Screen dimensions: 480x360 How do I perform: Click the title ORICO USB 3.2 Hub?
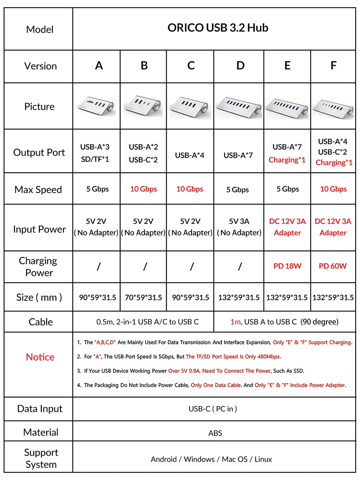point(217,28)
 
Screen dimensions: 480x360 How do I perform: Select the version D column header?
point(240,66)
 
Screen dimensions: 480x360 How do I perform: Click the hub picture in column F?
point(333,107)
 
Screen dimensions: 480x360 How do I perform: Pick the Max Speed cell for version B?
point(143,189)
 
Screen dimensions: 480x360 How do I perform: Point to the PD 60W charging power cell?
point(333,266)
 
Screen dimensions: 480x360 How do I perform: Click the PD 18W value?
point(287,266)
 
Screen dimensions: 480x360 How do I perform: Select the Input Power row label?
point(39,229)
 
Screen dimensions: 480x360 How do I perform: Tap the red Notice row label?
point(40,357)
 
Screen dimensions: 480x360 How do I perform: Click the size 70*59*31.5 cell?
point(143,297)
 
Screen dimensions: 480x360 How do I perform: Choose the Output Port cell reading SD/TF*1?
point(95,159)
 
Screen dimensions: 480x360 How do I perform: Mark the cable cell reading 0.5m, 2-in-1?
point(147,322)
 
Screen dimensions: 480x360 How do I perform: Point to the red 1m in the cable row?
point(235,322)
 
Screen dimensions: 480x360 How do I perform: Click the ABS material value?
point(215,433)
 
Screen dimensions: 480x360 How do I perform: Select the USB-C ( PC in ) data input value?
point(213,409)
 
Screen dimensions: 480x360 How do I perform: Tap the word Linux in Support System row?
point(263,459)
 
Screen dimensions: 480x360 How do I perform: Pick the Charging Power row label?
point(39,267)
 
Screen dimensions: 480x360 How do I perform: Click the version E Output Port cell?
point(287,153)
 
